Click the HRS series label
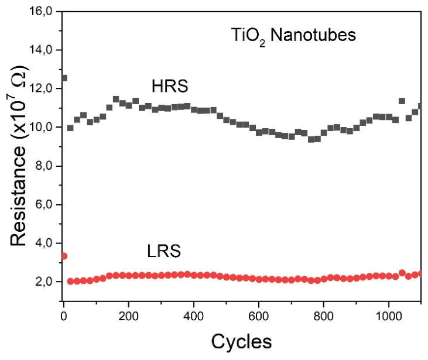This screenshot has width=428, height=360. tap(170, 86)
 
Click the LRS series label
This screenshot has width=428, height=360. tap(164, 251)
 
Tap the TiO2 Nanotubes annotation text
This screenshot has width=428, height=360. tap(293, 36)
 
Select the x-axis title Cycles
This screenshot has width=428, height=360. tap(242, 341)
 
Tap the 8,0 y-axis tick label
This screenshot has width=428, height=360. tap(44, 166)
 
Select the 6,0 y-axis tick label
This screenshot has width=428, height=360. tap(44, 204)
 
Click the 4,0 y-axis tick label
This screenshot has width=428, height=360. tap(44, 243)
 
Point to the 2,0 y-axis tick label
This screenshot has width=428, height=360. tap(44, 282)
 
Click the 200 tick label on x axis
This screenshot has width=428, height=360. tap(128, 316)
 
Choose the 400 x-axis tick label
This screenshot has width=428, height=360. tap(194, 316)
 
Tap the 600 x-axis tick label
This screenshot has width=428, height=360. tap(258, 316)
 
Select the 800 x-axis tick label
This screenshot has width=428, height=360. tap(323, 316)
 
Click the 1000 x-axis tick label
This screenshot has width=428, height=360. tap(389, 316)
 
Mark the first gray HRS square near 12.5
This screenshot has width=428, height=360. tap(64, 78)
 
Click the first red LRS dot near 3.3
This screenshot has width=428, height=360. tap(64, 256)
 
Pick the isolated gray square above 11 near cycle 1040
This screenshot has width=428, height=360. tap(402, 101)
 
